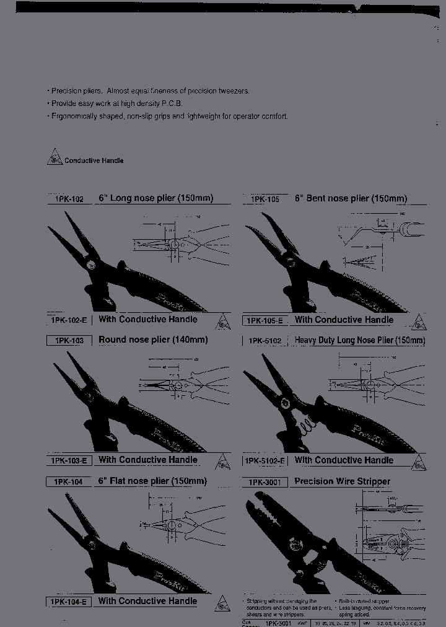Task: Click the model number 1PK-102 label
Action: pyautogui.click(x=69, y=199)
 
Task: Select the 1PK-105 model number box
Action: pyautogui.click(x=265, y=199)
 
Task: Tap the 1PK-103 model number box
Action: pyautogui.click(x=69, y=340)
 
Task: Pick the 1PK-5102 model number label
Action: pyautogui.click(x=265, y=341)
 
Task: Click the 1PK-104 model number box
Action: pyautogui.click(x=68, y=481)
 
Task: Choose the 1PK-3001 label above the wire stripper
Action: pyautogui.click(x=265, y=482)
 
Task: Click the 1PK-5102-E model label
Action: pyautogui.click(x=265, y=461)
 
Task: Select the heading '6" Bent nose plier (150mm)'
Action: pyautogui.click(x=351, y=199)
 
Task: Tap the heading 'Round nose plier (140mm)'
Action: pyautogui.click(x=153, y=340)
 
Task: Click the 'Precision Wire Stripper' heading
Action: pyautogui.click(x=342, y=481)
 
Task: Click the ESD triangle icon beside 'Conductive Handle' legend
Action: pyautogui.click(x=55, y=159)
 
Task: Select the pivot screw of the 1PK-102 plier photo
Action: pyautogui.click(x=91, y=265)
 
